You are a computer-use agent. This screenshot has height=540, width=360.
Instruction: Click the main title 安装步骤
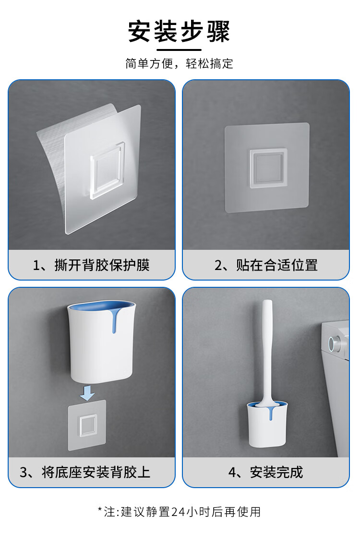point(179,32)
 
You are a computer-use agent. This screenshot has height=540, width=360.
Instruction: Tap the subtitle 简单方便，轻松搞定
point(179,64)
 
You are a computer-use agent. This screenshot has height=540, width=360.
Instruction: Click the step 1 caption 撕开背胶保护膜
point(102,265)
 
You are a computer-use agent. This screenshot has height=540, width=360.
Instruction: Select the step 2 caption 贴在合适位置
point(276,265)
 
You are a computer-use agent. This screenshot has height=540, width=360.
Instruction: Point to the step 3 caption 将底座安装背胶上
point(96,472)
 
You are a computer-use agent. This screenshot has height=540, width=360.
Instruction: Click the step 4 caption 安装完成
point(276,472)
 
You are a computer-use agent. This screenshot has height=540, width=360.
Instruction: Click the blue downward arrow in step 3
point(87,393)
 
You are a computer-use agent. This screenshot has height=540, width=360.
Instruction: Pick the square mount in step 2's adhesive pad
point(268,169)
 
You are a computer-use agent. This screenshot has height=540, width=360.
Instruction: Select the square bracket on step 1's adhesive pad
point(107,171)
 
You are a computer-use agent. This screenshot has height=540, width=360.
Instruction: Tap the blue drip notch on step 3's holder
point(114,322)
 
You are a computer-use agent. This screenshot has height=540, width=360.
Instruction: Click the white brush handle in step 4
point(267,351)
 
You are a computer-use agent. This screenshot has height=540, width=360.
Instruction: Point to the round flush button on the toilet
point(333,343)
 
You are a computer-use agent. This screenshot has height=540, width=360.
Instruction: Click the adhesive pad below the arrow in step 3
point(87,425)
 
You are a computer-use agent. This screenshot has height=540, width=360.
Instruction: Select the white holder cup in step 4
point(267,425)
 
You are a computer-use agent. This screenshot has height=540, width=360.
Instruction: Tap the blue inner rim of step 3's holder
point(102,306)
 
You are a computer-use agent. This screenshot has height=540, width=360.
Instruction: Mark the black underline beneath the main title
point(179,50)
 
